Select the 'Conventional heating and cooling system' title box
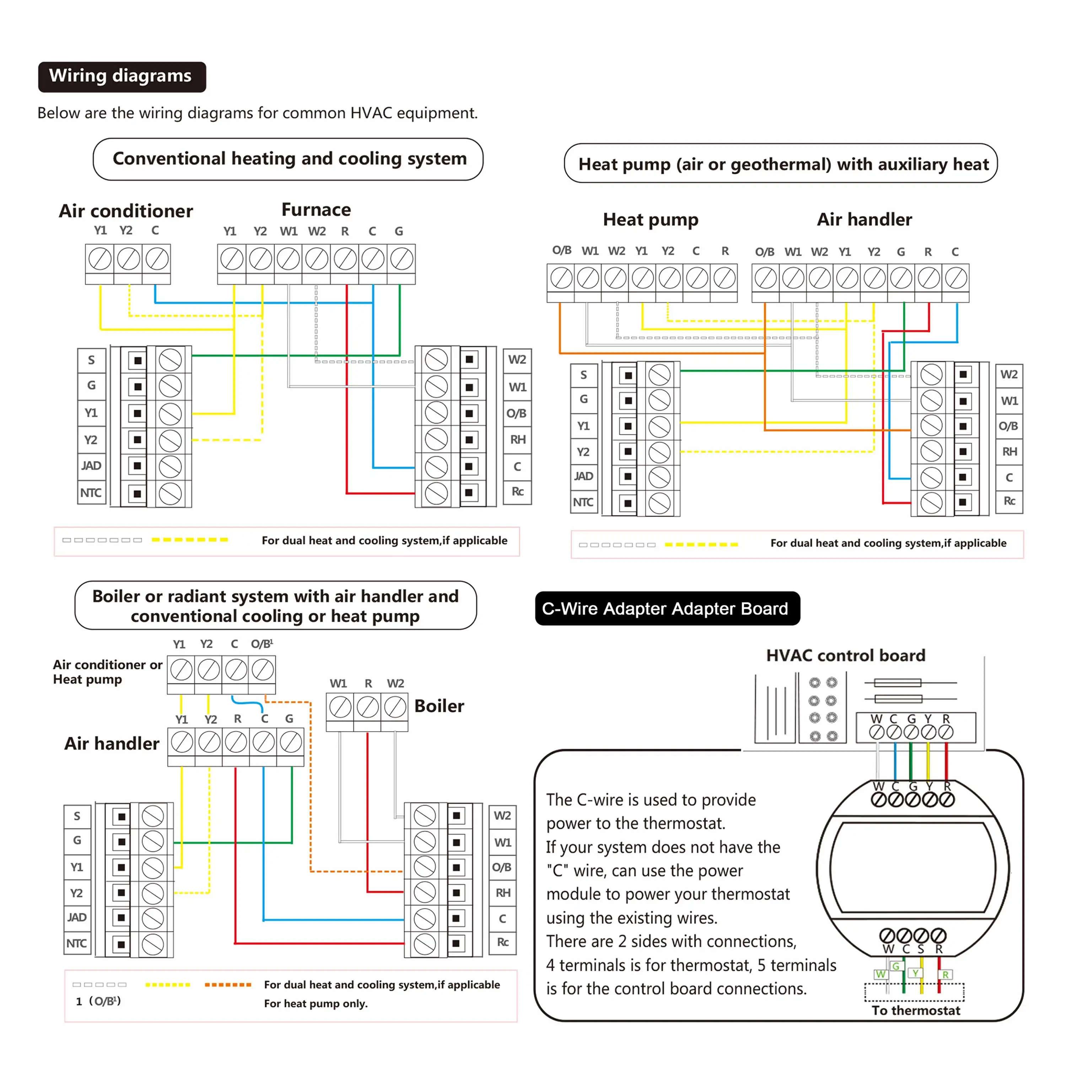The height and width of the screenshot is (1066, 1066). (288, 159)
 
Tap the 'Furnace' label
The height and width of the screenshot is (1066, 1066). (316, 210)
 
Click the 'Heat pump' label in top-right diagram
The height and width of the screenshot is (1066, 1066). (651, 220)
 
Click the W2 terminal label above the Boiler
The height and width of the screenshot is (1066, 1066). (395, 683)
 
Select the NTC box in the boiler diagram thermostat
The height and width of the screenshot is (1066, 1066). (77, 943)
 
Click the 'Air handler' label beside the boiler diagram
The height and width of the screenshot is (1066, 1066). (112, 743)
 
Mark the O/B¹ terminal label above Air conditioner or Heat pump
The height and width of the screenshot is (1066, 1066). (262, 644)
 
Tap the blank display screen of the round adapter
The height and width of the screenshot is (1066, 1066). (912, 867)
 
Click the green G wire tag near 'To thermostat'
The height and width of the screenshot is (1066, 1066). (896, 966)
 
